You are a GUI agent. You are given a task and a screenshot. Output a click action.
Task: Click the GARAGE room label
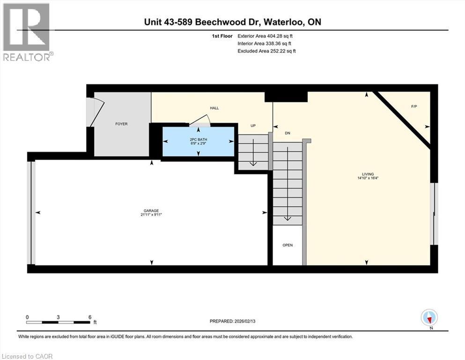(151, 210)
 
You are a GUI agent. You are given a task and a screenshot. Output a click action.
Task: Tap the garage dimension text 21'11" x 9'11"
(151, 215)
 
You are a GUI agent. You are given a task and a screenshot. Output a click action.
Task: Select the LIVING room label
(370, 174)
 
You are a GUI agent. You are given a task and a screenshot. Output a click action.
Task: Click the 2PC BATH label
(198, 139)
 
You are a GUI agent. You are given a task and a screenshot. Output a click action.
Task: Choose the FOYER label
(121, 124)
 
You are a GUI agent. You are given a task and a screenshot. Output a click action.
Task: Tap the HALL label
(214, 108)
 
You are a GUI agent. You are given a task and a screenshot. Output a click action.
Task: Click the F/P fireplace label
(414, 106)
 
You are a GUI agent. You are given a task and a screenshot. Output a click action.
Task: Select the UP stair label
(253, 126)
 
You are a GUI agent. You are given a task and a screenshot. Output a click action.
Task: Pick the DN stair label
(288, 133)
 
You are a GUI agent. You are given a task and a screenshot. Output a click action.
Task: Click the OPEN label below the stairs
(288, 245)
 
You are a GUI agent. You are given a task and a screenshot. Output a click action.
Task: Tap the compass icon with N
(429, 318)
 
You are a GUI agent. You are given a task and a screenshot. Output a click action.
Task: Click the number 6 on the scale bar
(89, 317)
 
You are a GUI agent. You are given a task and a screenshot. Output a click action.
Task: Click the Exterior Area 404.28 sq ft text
(266, 36)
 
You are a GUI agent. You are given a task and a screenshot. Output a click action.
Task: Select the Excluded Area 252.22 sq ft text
(266, 51)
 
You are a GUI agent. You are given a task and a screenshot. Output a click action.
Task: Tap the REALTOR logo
(27, 32)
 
